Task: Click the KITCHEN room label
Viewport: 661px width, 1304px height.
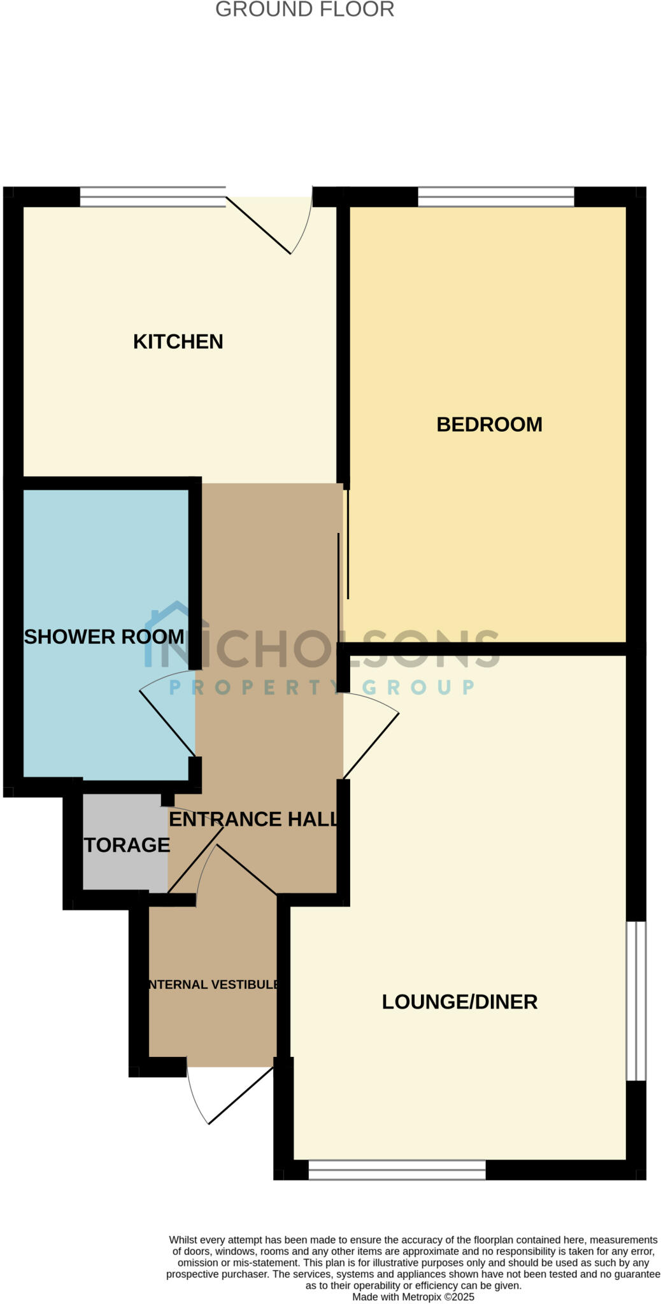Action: coord(178,342)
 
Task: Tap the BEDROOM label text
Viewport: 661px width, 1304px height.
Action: coord(489,425)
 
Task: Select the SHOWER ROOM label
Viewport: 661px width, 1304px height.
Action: coord(104,637)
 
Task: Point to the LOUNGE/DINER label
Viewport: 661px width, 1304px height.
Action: coord(460,1002)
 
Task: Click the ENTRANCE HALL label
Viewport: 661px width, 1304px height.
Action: coord(253,819)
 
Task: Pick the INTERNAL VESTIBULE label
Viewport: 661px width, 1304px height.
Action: coord(213,984)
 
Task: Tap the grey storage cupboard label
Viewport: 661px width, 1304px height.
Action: coord(127,845)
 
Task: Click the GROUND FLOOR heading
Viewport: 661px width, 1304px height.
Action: coord(304,10)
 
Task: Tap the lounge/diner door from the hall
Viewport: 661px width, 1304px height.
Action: coord(371,745)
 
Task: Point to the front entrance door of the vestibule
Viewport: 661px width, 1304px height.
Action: coord(241,1095)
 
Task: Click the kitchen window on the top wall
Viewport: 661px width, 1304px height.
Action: coord(153,197)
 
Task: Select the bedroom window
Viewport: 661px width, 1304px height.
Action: coord(495,197)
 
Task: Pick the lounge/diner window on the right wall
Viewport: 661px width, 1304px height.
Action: coord(636,1001)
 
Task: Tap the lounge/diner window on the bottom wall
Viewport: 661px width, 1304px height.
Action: coord(397,1170)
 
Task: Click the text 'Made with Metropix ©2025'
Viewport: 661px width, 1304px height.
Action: coord(413,1296)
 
